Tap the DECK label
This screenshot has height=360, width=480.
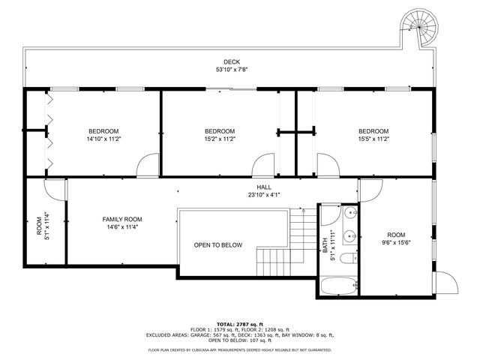(232, 62)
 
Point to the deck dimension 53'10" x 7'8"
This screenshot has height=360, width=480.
(232, 70)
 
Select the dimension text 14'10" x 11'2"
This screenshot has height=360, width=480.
(103, 139)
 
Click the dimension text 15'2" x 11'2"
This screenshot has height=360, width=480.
(220, 139)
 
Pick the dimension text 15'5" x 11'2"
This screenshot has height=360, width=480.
(373, 139)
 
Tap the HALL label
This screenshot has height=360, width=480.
(264, 187)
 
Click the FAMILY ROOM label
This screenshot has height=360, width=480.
(121, 219)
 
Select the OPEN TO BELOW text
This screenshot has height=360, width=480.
(217, 245)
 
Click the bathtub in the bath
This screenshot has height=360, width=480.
(338, 285)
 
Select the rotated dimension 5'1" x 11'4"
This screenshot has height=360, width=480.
(46, 226)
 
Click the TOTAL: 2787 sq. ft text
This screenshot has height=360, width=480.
(239, 322)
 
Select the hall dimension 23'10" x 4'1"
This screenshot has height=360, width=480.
(264, 195)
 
